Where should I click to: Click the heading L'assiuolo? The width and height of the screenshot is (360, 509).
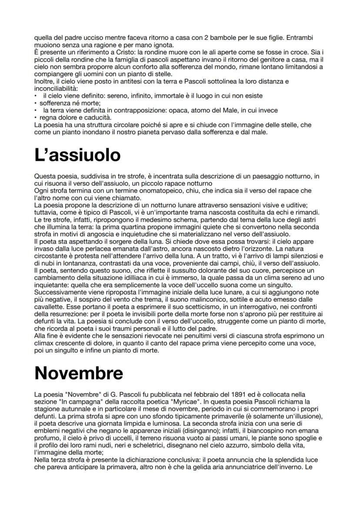tap(77, 155)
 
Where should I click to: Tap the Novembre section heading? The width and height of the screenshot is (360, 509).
tap(78, 373)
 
